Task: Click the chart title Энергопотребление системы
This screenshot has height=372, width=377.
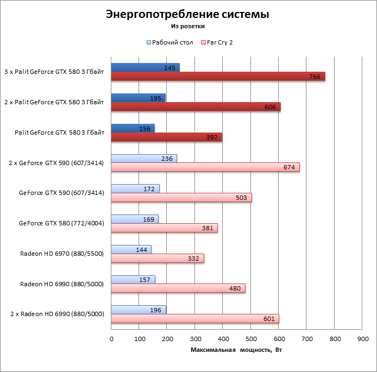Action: pyautogui.click(x=187, y=14)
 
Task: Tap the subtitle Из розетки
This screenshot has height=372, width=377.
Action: pyautogui.click(x=187, y=25)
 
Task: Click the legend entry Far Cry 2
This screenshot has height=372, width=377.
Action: pyautogui.click(x=220, y=42)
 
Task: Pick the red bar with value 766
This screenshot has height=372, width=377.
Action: pyautogui.click(x=217, y=77)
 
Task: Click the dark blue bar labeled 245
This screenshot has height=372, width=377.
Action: pyautogui.click(x=144, y=67)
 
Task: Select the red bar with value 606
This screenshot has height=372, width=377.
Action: pyautogui.click(x=196, y=107)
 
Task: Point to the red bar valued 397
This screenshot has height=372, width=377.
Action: pyautogui.click(x=166, y=137)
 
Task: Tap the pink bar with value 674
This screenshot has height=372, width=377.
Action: pyautogui.click(x=205, y=167)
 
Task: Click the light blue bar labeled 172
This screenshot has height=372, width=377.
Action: pyautogui.click(x=135, y=188)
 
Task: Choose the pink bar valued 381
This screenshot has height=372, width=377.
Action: pyautogui.click(x=164, y=228)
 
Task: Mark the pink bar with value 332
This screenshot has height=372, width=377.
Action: pyautogui.click(x=157, y=258)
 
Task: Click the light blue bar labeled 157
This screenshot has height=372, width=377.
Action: pyautogui.click(x=133, y=280)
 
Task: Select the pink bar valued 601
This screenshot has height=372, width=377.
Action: pyautogui.click(x=194, y=319)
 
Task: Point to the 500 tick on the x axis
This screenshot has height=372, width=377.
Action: pyautogui.click(x=251, y=339)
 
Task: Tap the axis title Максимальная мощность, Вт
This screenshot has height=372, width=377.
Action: pyautogui.click(x=236, y=350)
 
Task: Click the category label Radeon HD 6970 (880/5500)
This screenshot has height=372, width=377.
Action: pyautogui.click(x=62, y=254)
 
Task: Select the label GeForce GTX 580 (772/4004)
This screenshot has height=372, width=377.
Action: pyautogui.click(x=61, y=223)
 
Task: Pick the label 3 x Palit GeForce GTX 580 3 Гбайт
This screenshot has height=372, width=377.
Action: pyautogui.click(x=54, y=71)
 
